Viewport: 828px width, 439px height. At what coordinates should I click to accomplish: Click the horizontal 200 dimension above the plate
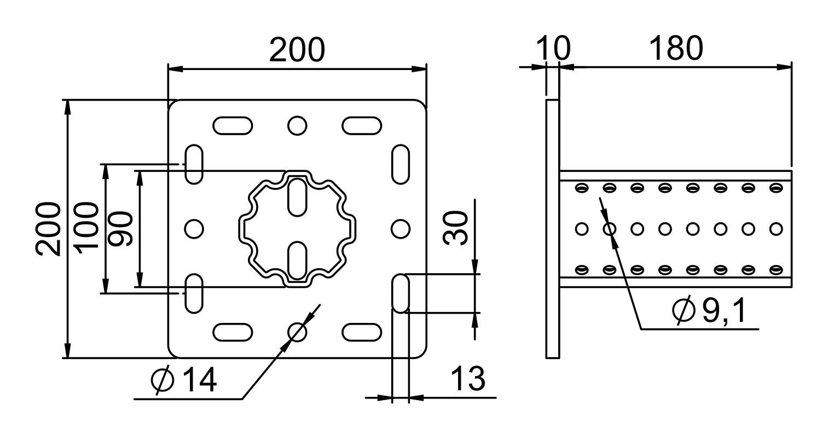[297, 50]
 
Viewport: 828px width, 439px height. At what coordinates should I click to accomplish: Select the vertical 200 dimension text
[48, 229]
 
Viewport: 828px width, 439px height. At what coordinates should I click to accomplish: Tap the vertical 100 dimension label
[87, 228]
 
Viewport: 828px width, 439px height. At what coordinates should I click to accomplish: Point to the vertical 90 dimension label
[120, 229]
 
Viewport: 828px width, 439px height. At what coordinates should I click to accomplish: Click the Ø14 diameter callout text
[184, 379]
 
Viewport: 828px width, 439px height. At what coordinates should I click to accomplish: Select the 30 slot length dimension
[455, 228]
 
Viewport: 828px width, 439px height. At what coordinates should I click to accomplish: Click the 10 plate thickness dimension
[553, 48]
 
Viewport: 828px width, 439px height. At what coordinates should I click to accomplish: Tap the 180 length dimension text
[676, 48]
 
